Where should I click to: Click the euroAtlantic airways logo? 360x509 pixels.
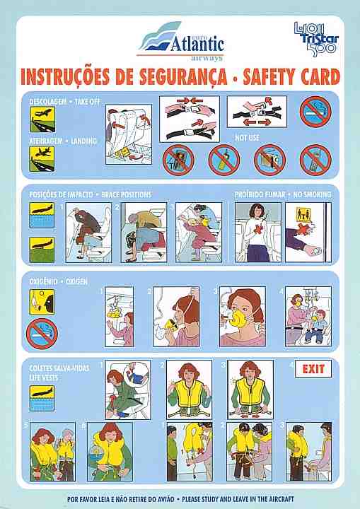[x=181, y=41]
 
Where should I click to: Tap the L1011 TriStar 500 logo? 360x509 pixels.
[x=316, y=39]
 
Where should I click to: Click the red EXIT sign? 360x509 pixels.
[x=313, y=369]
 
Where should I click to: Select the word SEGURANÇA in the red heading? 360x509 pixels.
[x=183, y=77]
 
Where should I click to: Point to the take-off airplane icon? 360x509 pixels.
[x=42, y=119]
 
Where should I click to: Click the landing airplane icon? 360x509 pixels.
[x=42, y=159]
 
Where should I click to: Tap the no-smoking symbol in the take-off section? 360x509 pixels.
[x=315, y=112]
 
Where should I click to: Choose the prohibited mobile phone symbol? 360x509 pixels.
[x=315, y=160]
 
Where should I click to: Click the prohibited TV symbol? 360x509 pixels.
[x=178, y=160]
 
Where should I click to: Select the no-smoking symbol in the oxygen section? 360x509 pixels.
[x=42, y=334]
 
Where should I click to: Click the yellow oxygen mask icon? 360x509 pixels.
[x=42, y=303]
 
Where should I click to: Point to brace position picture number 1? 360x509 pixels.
[x=88, y=233]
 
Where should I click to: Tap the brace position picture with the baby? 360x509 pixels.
[x=199, y=233]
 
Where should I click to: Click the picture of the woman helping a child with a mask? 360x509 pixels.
[x=308, y=316]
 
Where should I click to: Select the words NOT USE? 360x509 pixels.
[x=247, y=138]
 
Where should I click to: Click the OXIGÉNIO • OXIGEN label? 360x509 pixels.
[x=58, y=281]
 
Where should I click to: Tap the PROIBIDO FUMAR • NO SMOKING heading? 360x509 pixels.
[x=283, y=194]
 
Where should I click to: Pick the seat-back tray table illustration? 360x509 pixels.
[x=129, y=134]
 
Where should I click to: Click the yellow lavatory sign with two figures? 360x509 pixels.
[x=303, y=215]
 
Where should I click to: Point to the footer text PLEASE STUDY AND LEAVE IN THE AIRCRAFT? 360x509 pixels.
[x=238, y=499]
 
